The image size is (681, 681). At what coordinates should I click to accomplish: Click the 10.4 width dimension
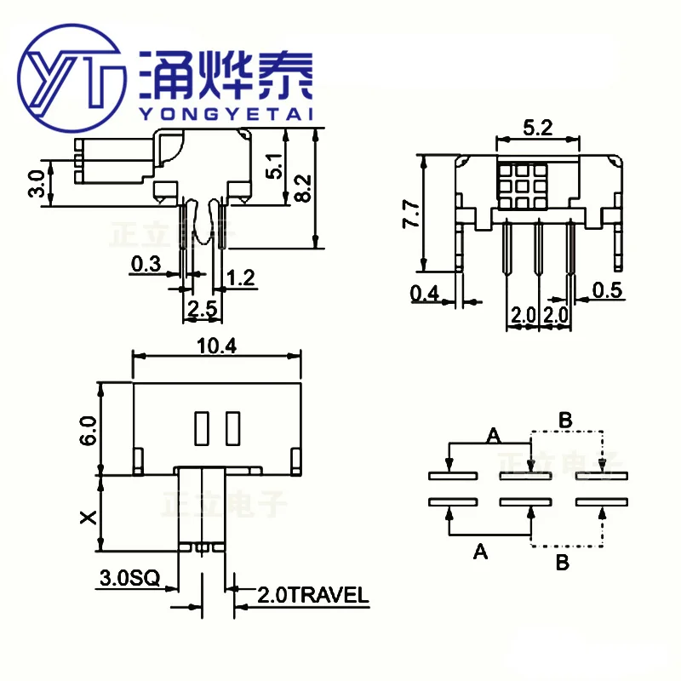click(216, 346)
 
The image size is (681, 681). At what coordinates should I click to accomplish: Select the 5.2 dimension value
click(537, 129)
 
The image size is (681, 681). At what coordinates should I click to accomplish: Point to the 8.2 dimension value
click(303, 187)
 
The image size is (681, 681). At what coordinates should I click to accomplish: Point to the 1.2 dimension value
click(242, 276)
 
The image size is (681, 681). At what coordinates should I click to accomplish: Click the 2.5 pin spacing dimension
click(202, 309)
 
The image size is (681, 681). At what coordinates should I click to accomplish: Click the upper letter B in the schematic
click(564, 419)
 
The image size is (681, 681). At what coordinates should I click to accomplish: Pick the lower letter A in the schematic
click(480, 552)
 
